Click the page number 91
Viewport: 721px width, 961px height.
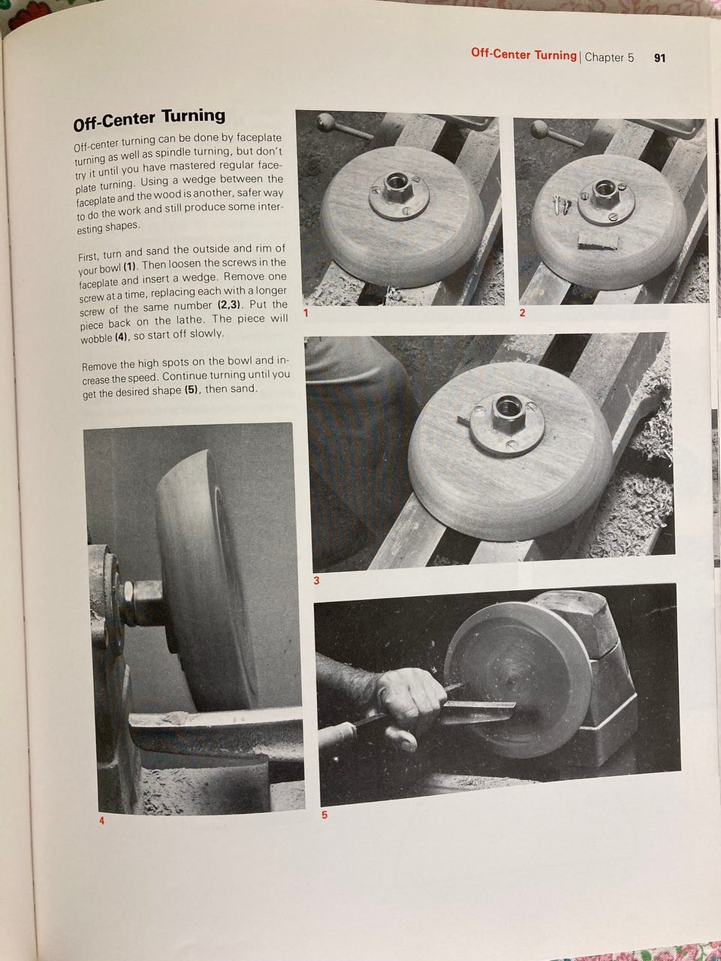click(x=659, y=59)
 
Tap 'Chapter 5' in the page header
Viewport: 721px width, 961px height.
click(x=609, y=57)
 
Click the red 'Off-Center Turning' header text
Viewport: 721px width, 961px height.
click(x=523, y=54)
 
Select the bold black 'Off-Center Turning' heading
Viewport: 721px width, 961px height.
click(x=149, y=119)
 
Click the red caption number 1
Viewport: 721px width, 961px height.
click(x=306, y=313)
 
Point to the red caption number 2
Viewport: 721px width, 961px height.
click(x=522, y=313)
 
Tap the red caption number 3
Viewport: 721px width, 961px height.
click(x=316, y=581)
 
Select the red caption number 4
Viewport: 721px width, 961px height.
click(x=102, y=821)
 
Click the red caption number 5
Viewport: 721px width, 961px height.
click(x=324, y=815)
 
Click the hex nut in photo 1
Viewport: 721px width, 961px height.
click(x=397, y=186)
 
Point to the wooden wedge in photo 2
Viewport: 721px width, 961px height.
click(x=597, y=241)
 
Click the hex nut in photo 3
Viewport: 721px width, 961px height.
click(x=508, y=412)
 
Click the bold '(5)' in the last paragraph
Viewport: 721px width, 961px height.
click(x=191, y=389)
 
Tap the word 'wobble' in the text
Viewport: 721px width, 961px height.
click(x=96, y=339)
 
